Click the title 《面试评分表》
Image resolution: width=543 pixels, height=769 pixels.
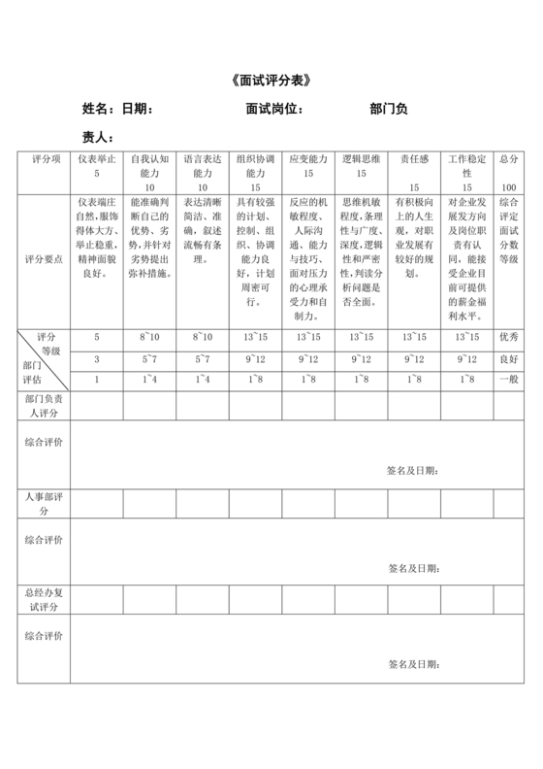(271, 79)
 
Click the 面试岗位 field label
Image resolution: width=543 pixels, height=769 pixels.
(275, 109)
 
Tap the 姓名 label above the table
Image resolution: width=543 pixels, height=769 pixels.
(99, 109)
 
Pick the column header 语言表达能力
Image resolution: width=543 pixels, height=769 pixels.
(203, 164)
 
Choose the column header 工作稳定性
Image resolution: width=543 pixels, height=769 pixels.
(467, 164)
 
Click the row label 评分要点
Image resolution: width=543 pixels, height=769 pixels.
(45, 259)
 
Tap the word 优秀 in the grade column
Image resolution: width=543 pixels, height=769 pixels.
(509, 336)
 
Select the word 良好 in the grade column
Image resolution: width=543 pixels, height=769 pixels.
(509, 358)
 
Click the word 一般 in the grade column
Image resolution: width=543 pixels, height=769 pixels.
(509, 380)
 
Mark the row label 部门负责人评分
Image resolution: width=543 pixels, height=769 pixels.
(45, 406)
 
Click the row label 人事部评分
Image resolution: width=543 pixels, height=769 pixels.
(45, 503)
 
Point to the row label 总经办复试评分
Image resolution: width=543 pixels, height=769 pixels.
(45, 598)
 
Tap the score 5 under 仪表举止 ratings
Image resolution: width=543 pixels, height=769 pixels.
(97, 336)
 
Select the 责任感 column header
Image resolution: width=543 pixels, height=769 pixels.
(414, 158)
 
